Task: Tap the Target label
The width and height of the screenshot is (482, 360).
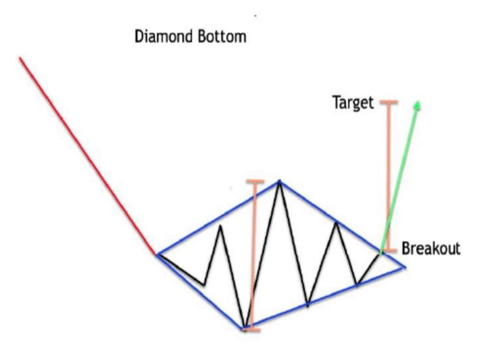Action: [353, 103]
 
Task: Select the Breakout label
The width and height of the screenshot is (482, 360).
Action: [431, 248]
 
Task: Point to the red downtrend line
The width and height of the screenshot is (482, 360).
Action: [88, 156]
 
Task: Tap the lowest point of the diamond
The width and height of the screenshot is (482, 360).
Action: [245, 327]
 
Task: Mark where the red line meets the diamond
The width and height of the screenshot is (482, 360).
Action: [156, 254]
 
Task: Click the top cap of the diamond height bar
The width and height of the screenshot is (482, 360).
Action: [255, 181]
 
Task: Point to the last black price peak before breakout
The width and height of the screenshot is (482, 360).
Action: [336, 222]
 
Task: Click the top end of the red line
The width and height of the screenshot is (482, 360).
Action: [20, 57]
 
